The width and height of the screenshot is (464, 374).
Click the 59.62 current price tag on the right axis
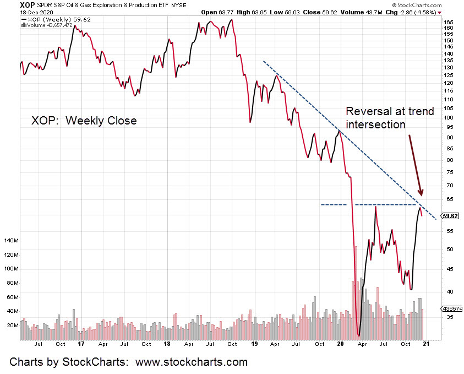tap(450, 216)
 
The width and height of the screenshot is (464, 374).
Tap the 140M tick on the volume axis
tap(10, 241)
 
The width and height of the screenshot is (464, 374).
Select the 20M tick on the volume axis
tap(12, 326)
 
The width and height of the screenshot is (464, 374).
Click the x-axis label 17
tap(81, 344)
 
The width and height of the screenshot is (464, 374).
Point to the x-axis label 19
tap(254, 344)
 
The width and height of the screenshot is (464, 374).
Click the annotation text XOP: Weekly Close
tap(83, 120)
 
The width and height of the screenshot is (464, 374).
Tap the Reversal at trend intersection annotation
tap(390, 118)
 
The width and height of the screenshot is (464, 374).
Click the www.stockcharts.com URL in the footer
tap(190, 362)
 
